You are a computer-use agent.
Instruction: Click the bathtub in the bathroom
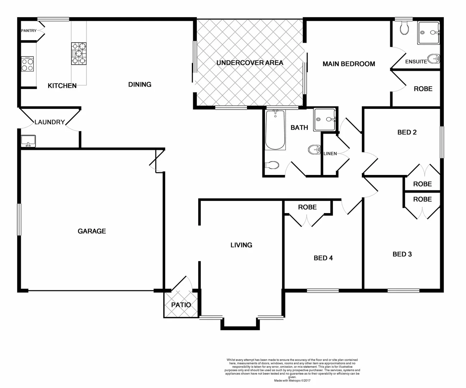coord(275,130)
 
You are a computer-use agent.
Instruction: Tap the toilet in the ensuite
coord(404,28)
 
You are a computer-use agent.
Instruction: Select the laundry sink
coord(28,140)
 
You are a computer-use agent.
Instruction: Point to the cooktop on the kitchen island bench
coord(79,54)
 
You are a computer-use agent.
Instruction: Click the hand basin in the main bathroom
coord(314,149)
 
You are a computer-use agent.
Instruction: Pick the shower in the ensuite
coord(428,33)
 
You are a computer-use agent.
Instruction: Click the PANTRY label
coord(29,31)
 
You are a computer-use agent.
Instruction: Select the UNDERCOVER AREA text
coord(250,63)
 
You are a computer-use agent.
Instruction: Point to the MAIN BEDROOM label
coord(349,64)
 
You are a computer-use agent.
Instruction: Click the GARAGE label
coord(92,231)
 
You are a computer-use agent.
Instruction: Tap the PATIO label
coord(181,305)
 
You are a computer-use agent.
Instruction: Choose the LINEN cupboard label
coord(330,154)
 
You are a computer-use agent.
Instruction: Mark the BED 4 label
coord(323,258)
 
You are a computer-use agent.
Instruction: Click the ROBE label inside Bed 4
coord(307,207)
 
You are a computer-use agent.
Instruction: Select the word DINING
coord(140,84)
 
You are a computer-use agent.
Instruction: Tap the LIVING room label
coord(241,245)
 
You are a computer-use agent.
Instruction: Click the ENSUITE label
coord(416,62)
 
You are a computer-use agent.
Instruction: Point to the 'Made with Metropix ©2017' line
coord(292,380)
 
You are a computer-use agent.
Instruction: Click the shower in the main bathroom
coord(325,119)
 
